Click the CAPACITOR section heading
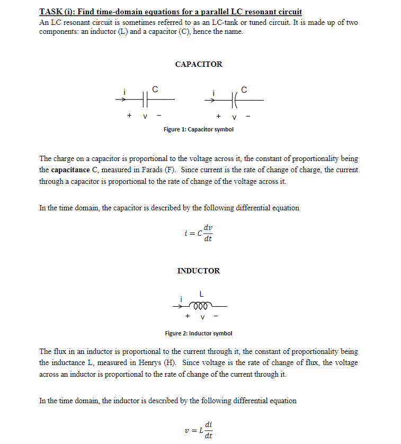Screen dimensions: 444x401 199,64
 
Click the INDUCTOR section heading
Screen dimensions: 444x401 198,271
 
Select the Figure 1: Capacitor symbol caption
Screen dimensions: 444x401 198,129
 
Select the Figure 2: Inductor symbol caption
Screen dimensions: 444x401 198,333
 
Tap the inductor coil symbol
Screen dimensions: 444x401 202,306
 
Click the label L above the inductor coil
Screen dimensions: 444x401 201,294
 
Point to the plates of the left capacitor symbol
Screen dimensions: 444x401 144,99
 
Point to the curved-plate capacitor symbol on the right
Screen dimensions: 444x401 234,99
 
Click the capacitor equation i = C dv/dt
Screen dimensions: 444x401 198,233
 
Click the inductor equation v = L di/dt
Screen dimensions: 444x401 198,430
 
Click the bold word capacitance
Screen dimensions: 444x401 70,170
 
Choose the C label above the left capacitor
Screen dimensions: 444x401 154,88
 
